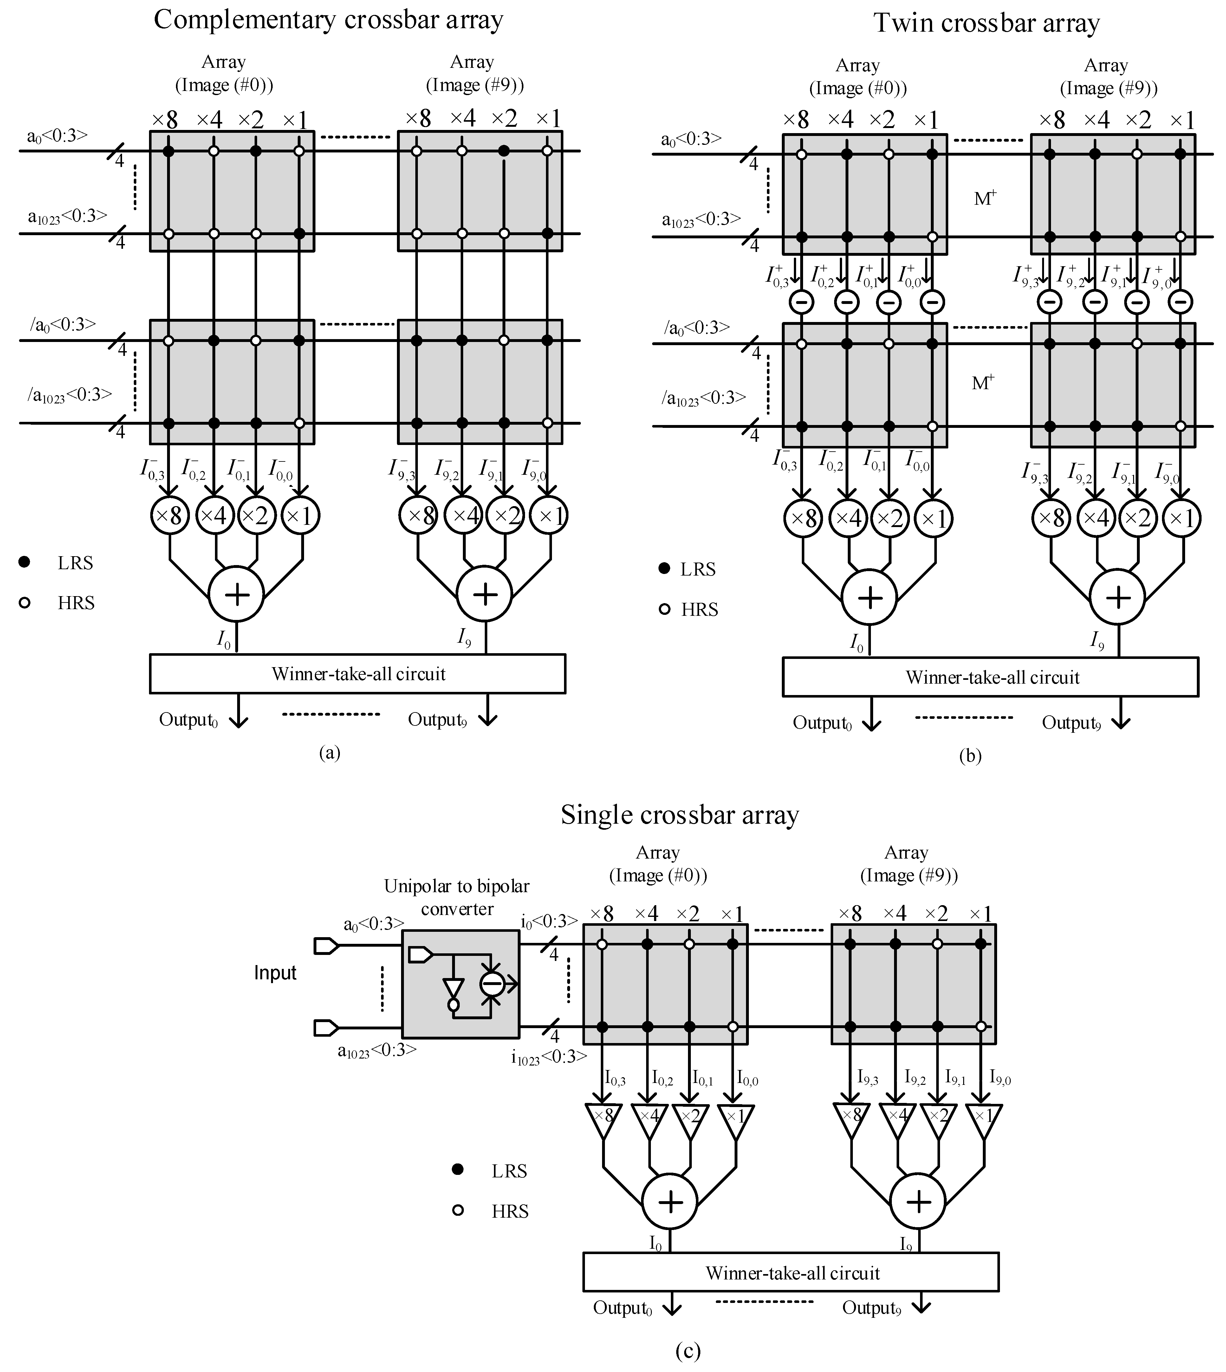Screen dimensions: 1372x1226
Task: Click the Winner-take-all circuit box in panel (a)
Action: [x=358, y=673]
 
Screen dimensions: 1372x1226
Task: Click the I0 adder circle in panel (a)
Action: [x=237, y=594]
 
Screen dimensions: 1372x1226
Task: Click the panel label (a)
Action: [x=329, y=752]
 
